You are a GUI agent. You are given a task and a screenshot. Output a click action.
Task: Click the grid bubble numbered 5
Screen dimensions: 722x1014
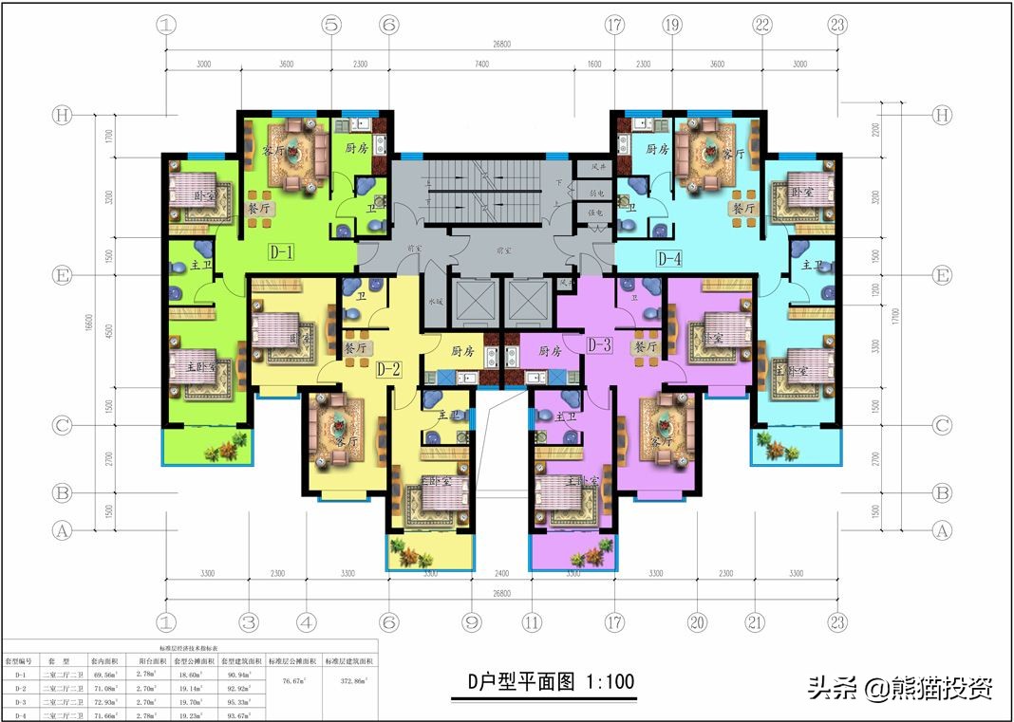[330, 27]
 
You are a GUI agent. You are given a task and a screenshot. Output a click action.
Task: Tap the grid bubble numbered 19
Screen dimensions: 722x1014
[672, 27]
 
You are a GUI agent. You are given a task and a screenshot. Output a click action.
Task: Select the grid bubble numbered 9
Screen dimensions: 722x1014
[470, 623]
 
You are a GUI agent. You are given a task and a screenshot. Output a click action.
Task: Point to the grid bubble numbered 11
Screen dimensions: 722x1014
[532, 623]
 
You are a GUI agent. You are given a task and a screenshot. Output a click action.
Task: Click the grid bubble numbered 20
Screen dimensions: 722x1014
[698, 623]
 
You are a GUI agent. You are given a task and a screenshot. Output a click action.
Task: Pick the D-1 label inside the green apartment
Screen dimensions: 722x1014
[282, 253]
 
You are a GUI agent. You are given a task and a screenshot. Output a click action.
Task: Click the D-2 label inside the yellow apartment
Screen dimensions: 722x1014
[386, 368]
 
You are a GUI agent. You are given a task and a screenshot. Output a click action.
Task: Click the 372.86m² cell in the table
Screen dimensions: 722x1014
[350, 680]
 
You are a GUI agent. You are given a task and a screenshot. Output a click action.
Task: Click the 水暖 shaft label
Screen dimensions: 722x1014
[435, 302]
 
